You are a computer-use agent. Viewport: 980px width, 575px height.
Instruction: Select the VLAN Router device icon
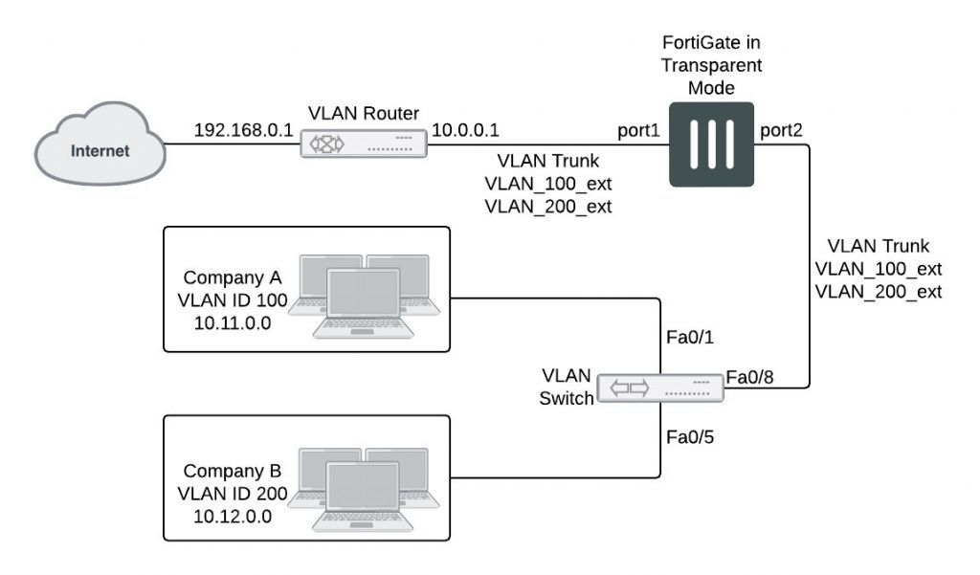click(x=363, y=145)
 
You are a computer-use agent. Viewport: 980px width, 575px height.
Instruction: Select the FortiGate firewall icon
click(x=710, y=145)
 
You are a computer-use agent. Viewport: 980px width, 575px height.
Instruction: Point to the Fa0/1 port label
click(x=688, y=338)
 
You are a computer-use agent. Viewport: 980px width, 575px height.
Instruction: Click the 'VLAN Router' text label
click(x=363, y=114)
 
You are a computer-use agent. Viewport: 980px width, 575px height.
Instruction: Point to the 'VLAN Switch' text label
click(x=568, y=387)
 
